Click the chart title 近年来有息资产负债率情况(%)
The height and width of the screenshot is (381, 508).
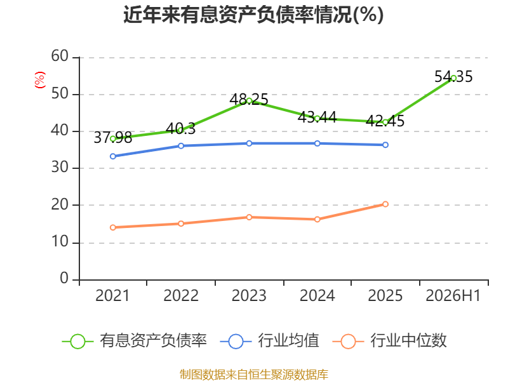[253, 15]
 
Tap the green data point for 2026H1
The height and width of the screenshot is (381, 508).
[453, 78]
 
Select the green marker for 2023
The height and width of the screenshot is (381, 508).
[249, 101]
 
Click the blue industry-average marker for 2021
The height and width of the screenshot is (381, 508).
[113, 156]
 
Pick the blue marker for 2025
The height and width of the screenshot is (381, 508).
[385, 145]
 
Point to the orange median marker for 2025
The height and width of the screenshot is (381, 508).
[385, 204]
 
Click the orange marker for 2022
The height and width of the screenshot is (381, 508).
[181, 224]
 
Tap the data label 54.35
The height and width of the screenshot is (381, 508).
[453, 76]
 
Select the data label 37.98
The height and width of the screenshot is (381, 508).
[113, 137]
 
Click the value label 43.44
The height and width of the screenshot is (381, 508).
[317, 117]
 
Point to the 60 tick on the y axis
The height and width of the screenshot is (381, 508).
[60, 56]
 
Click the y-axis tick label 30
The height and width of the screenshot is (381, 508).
[60, 167]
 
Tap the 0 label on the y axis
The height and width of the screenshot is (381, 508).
[64, 278]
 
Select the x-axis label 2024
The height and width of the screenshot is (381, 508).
[317, 295]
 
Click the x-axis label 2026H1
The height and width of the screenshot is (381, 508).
[453, 295]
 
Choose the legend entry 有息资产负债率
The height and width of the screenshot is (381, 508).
[135, 341]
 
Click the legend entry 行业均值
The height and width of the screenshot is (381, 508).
[269, 341]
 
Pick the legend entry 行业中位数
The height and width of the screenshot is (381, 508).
[390, 341]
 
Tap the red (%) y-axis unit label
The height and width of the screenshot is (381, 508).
[40, 80]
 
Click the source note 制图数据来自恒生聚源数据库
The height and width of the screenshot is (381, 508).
[253, 375]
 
